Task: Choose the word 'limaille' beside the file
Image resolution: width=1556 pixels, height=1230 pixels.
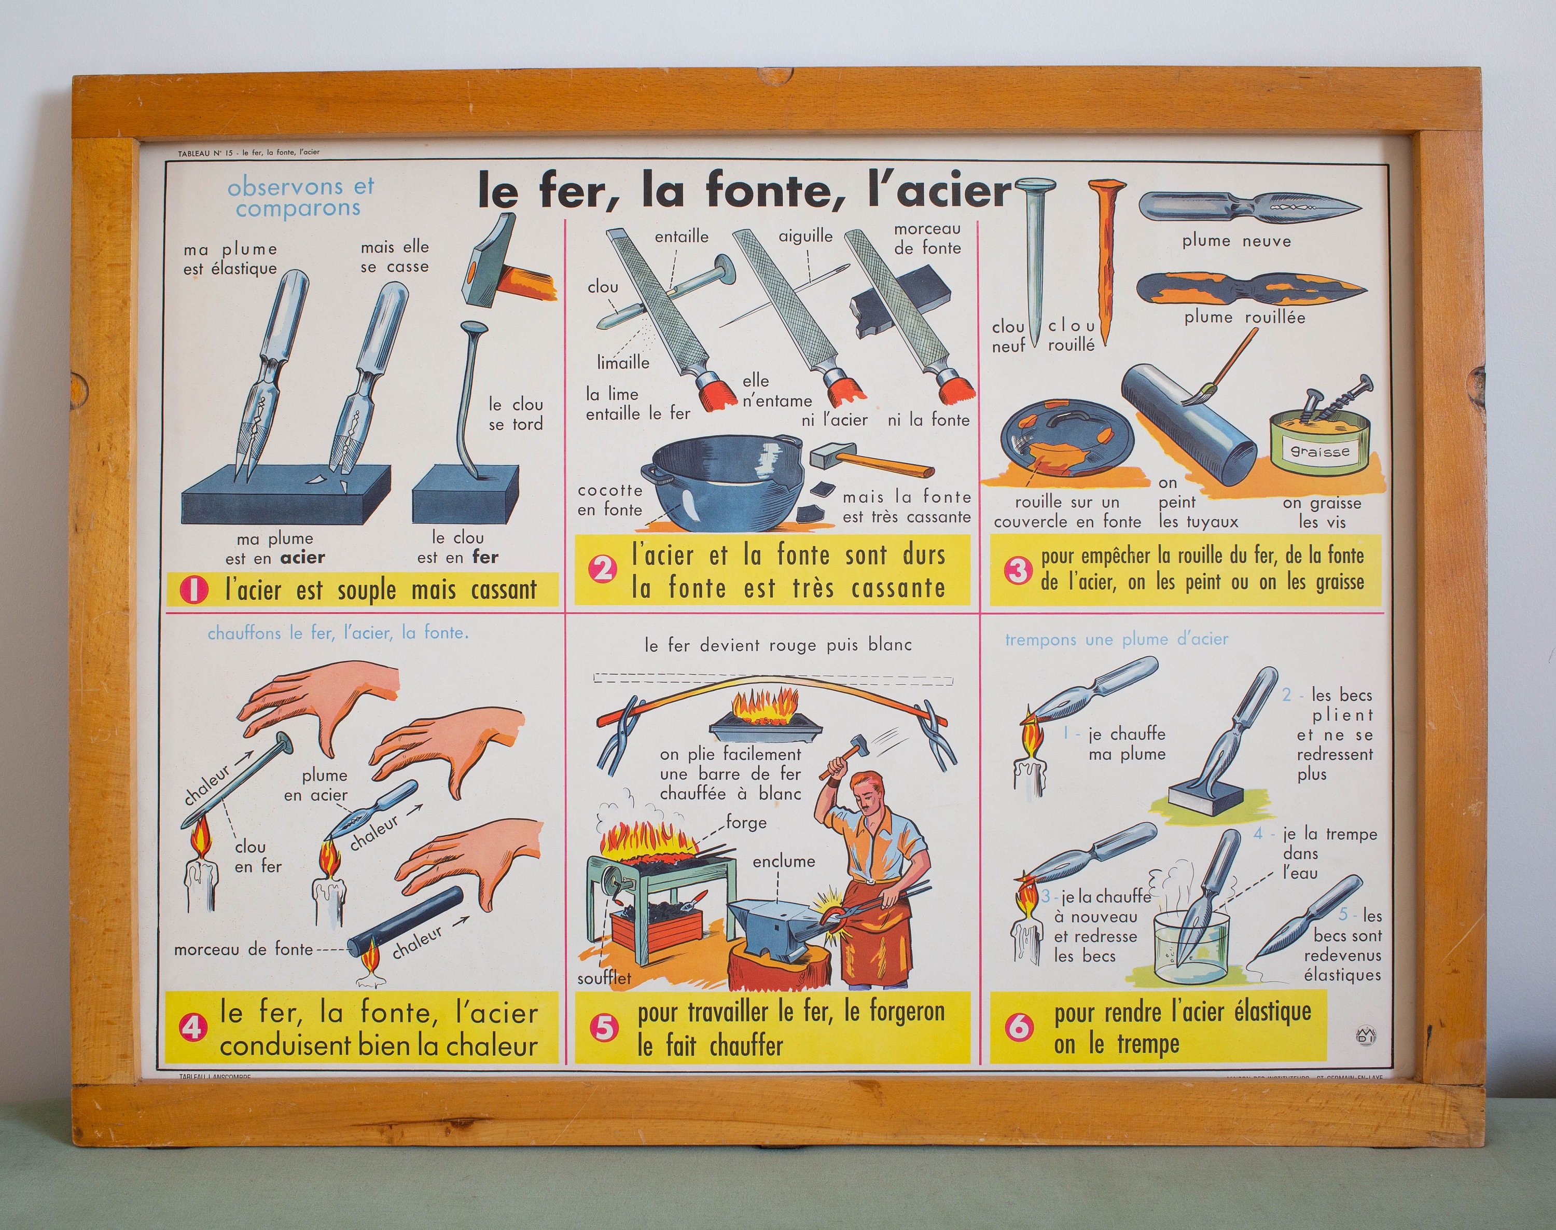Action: [623, 362]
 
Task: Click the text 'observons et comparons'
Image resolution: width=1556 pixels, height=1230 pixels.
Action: [300, 197]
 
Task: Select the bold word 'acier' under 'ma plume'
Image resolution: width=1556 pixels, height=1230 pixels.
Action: [302, 557]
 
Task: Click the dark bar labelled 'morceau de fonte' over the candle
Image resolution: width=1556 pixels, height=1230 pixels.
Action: [406, 922]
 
